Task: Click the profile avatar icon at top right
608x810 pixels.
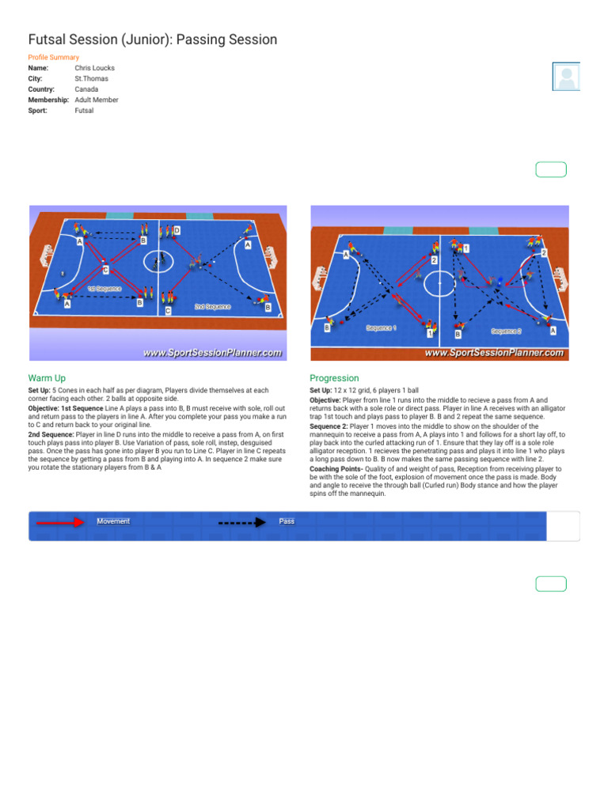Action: (566, 77)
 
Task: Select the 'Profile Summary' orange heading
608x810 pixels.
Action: (54, 58)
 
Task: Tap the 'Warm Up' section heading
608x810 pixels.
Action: (47, 378)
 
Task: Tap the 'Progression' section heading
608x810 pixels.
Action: (334, 378)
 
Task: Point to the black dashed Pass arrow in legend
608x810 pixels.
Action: (241, 522)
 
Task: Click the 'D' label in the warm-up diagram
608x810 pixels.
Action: (177, 230)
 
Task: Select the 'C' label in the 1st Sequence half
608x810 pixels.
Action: (105, 271)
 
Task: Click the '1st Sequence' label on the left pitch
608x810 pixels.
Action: (104, 289)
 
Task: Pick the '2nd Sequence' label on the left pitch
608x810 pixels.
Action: (212, 306)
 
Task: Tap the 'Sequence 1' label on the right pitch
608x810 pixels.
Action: (382, 327)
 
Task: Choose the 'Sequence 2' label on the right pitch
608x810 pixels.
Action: (506, 331)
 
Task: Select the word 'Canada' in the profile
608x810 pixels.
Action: (86, 89)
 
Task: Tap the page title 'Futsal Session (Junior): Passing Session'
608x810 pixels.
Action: (153, 39)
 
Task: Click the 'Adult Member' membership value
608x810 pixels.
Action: (97, 100)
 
